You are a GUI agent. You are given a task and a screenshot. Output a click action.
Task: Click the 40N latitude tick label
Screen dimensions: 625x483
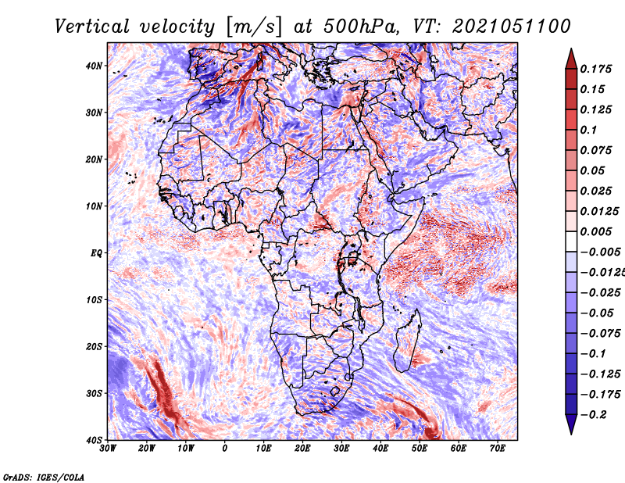(x=94, y=66)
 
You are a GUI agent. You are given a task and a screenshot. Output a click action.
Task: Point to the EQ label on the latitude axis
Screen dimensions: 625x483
(x=96, y=253)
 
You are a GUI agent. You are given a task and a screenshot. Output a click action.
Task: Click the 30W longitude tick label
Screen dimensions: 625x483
(x=108, y=449)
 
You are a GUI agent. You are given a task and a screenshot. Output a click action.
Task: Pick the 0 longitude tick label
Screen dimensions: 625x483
(x=225, y=449)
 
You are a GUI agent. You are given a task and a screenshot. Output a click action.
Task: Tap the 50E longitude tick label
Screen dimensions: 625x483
(x=420, y=449)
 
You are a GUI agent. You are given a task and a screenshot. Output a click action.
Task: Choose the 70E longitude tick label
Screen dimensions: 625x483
(x=497, y=449)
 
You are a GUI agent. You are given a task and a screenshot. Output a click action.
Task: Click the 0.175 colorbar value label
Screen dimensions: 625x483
(x=596, y=69)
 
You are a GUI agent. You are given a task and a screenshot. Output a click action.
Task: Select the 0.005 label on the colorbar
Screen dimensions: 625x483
(x=596, y=231)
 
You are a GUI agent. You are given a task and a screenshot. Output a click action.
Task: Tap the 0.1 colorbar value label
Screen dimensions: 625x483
(x=589, y=130)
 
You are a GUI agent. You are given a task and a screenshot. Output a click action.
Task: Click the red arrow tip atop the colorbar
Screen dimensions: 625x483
(x=571, y=49)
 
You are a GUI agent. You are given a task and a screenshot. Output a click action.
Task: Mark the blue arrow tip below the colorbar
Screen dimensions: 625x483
(x=571, y=433)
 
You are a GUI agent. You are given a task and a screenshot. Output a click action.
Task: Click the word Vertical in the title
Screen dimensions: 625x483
(x=92, y=27)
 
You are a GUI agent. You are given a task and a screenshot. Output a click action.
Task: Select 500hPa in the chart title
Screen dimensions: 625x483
(x=361, y=27)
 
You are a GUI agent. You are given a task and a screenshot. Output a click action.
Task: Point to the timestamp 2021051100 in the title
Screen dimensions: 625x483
(x=512, y=27)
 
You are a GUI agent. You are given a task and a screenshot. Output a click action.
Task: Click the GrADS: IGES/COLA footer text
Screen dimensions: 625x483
(x=44, y=477)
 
